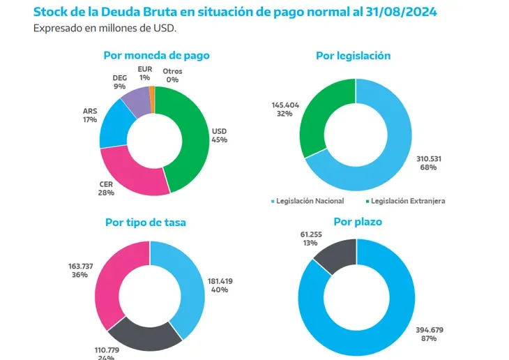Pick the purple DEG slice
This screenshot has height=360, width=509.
(x=135, y=100)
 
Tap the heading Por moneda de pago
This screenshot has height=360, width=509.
(x=156, y=55)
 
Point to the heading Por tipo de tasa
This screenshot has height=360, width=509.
(x=145, y=223)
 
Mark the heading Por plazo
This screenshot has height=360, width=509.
(x=358, y=223)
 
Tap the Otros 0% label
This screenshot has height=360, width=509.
(x=172, y=75)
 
